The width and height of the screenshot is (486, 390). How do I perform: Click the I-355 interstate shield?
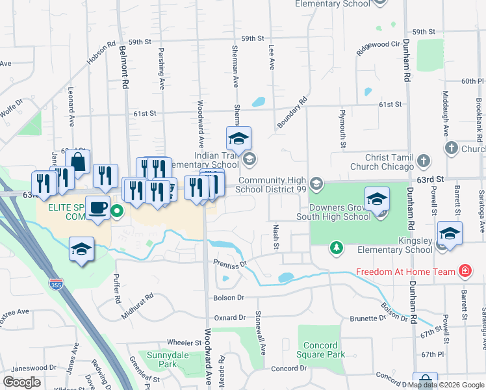pos(56,285)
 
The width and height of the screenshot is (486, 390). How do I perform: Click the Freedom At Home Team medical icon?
pos(465,271)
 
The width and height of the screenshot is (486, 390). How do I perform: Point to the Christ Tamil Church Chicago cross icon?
pos(424,161)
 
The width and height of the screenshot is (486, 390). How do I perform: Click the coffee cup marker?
pos(97,208)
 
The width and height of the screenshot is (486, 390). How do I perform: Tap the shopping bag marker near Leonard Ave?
pos(78,162)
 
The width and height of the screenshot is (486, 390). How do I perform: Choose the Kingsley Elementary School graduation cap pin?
pos(450,233)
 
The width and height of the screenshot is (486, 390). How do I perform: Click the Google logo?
pos(22,382)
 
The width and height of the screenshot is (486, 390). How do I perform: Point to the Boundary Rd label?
pos(290,114)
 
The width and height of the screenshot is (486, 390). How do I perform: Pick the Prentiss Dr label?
pos(231,263)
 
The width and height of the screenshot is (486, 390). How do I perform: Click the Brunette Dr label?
pos(368,318)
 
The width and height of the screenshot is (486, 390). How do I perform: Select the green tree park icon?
pos(336,247)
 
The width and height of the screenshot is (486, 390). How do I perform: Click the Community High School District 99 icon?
pos(316,184)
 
